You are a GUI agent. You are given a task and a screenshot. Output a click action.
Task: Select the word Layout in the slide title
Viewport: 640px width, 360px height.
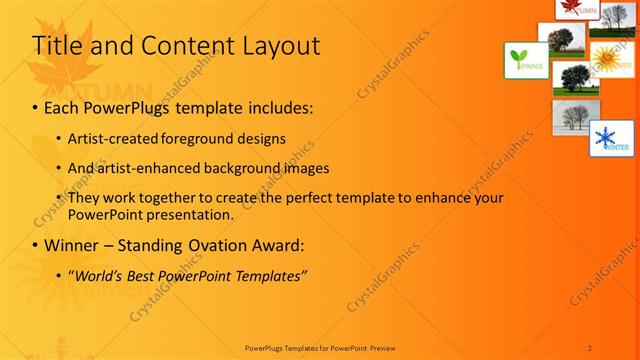pos(279,46)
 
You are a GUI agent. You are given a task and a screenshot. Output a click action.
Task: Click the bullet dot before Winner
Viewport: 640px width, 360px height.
pos(37,245)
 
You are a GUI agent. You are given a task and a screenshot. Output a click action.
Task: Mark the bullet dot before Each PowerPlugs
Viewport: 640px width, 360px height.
pos(37,106)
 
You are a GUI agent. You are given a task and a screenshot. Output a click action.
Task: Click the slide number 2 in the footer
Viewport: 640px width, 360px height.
pos(590,347)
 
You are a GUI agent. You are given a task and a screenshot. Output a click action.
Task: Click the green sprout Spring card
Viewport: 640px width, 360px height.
pos(524,61)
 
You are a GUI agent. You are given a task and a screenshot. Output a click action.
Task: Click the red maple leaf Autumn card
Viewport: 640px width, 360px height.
pos(577,8)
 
